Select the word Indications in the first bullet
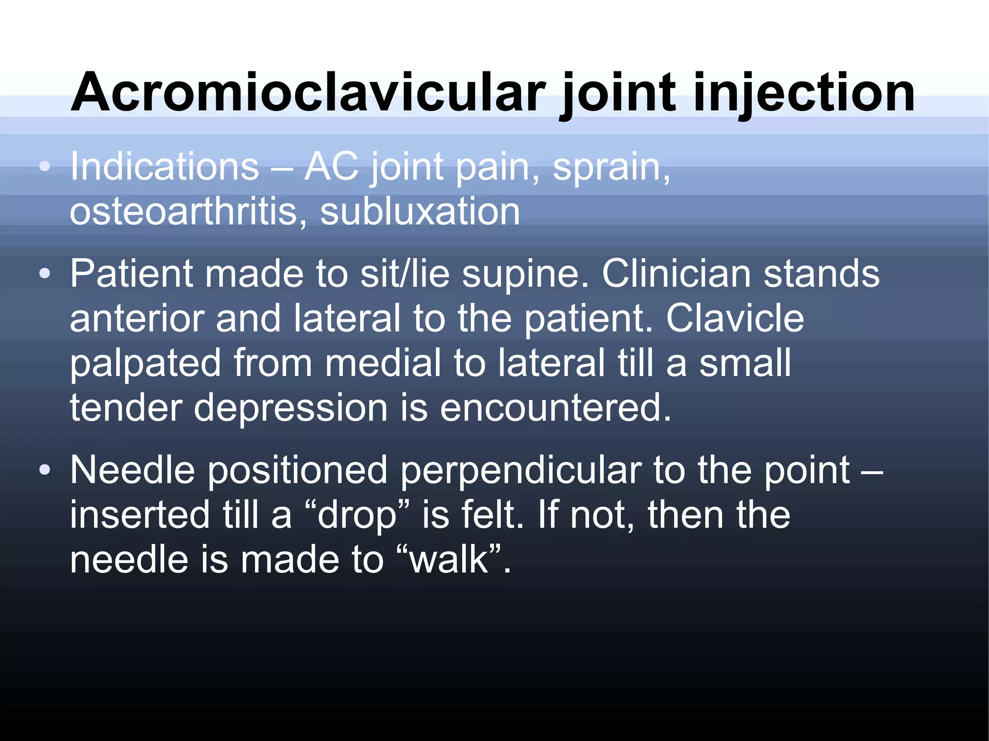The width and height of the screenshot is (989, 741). click(x=165, y=167)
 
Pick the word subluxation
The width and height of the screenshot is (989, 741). click(x=420, y=211)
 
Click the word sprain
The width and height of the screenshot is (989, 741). click(x=611, y=167)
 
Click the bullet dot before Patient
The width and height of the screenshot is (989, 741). click(x=45, y=274)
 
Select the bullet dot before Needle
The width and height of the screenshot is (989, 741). click(x=45, y=470)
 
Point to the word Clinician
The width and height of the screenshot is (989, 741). click(x=676, y=274)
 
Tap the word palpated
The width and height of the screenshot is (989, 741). click(x=145, y=364)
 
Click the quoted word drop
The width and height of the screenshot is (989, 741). click(x=357, y=515)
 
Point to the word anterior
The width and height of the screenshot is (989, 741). click(x=136, y=319)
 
